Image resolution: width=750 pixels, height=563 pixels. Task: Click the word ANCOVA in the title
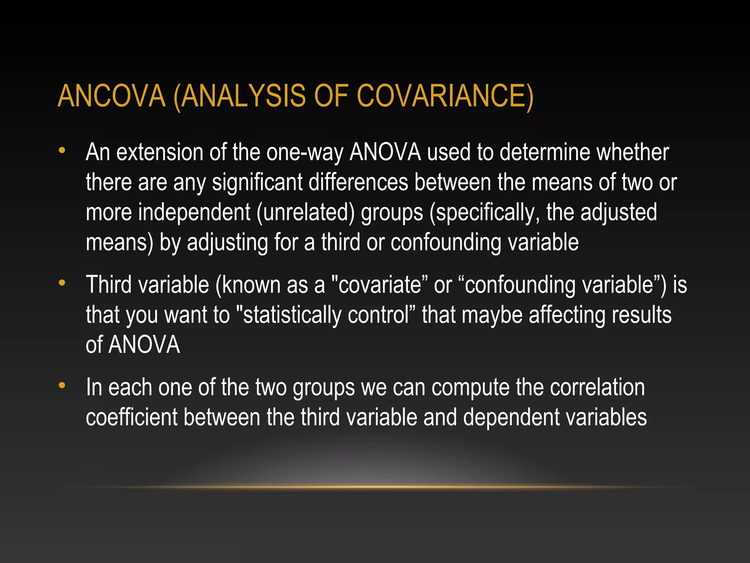(112, 96)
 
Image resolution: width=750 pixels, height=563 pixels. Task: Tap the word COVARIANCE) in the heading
(445, 96)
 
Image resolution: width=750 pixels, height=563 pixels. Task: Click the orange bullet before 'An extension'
(62, 150)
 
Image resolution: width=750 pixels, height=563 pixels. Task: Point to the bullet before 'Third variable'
(62, 283)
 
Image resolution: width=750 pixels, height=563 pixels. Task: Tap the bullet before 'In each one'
(62, 386)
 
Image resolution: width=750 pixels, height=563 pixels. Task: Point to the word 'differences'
(358, 182)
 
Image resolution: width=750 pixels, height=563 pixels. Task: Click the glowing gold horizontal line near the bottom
(375, 487)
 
